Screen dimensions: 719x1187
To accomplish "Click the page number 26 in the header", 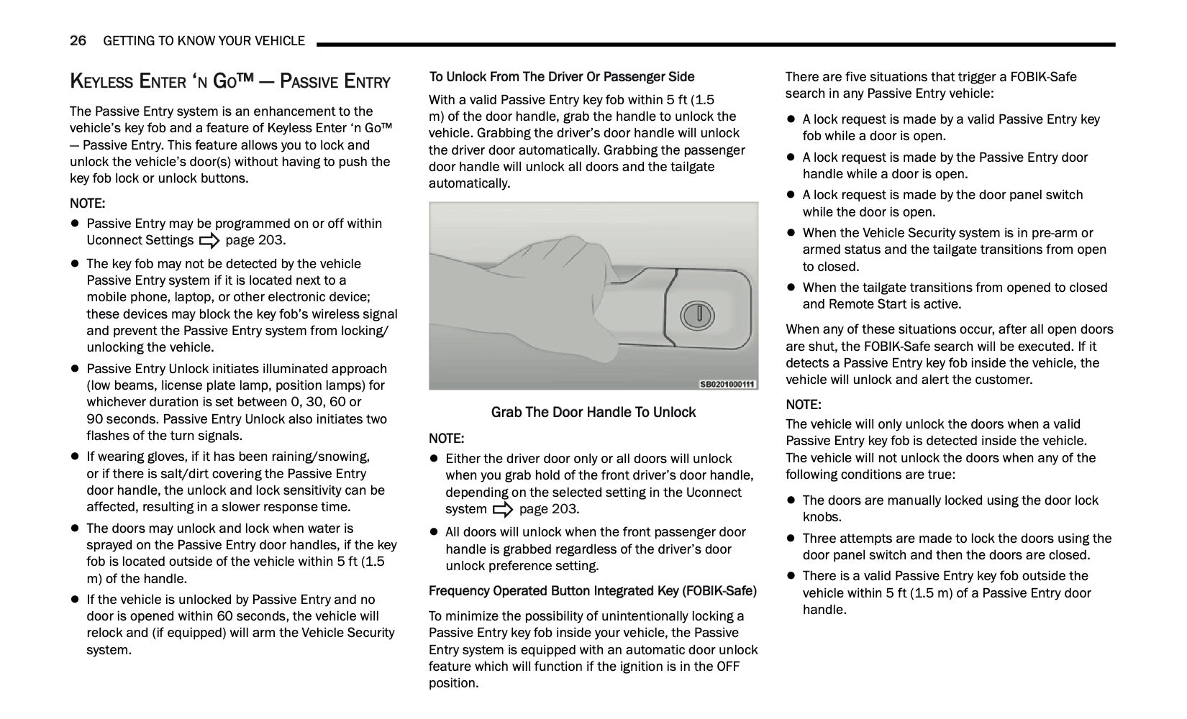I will point(78,41).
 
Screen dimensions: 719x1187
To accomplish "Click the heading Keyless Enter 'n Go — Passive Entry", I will point(229,81).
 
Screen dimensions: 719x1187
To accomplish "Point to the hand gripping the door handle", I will point(547,288).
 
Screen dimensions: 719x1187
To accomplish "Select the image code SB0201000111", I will point(727,384).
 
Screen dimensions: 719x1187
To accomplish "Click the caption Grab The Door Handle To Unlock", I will point(593,412).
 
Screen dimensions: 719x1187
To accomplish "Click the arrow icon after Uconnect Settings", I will point(209,241).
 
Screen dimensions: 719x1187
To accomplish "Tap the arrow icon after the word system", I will point(503,510).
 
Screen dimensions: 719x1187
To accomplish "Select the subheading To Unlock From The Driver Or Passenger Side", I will point(561,77).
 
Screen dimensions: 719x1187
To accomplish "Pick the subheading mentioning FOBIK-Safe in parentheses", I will point(592,591).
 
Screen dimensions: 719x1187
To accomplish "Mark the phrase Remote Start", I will point(863,304).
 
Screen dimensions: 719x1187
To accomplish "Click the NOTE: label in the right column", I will point(803,405).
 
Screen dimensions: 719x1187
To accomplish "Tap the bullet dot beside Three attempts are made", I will point(791,539).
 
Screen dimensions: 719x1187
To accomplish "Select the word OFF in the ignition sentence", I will point(727,667).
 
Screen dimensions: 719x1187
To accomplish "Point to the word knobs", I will point(822,517).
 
